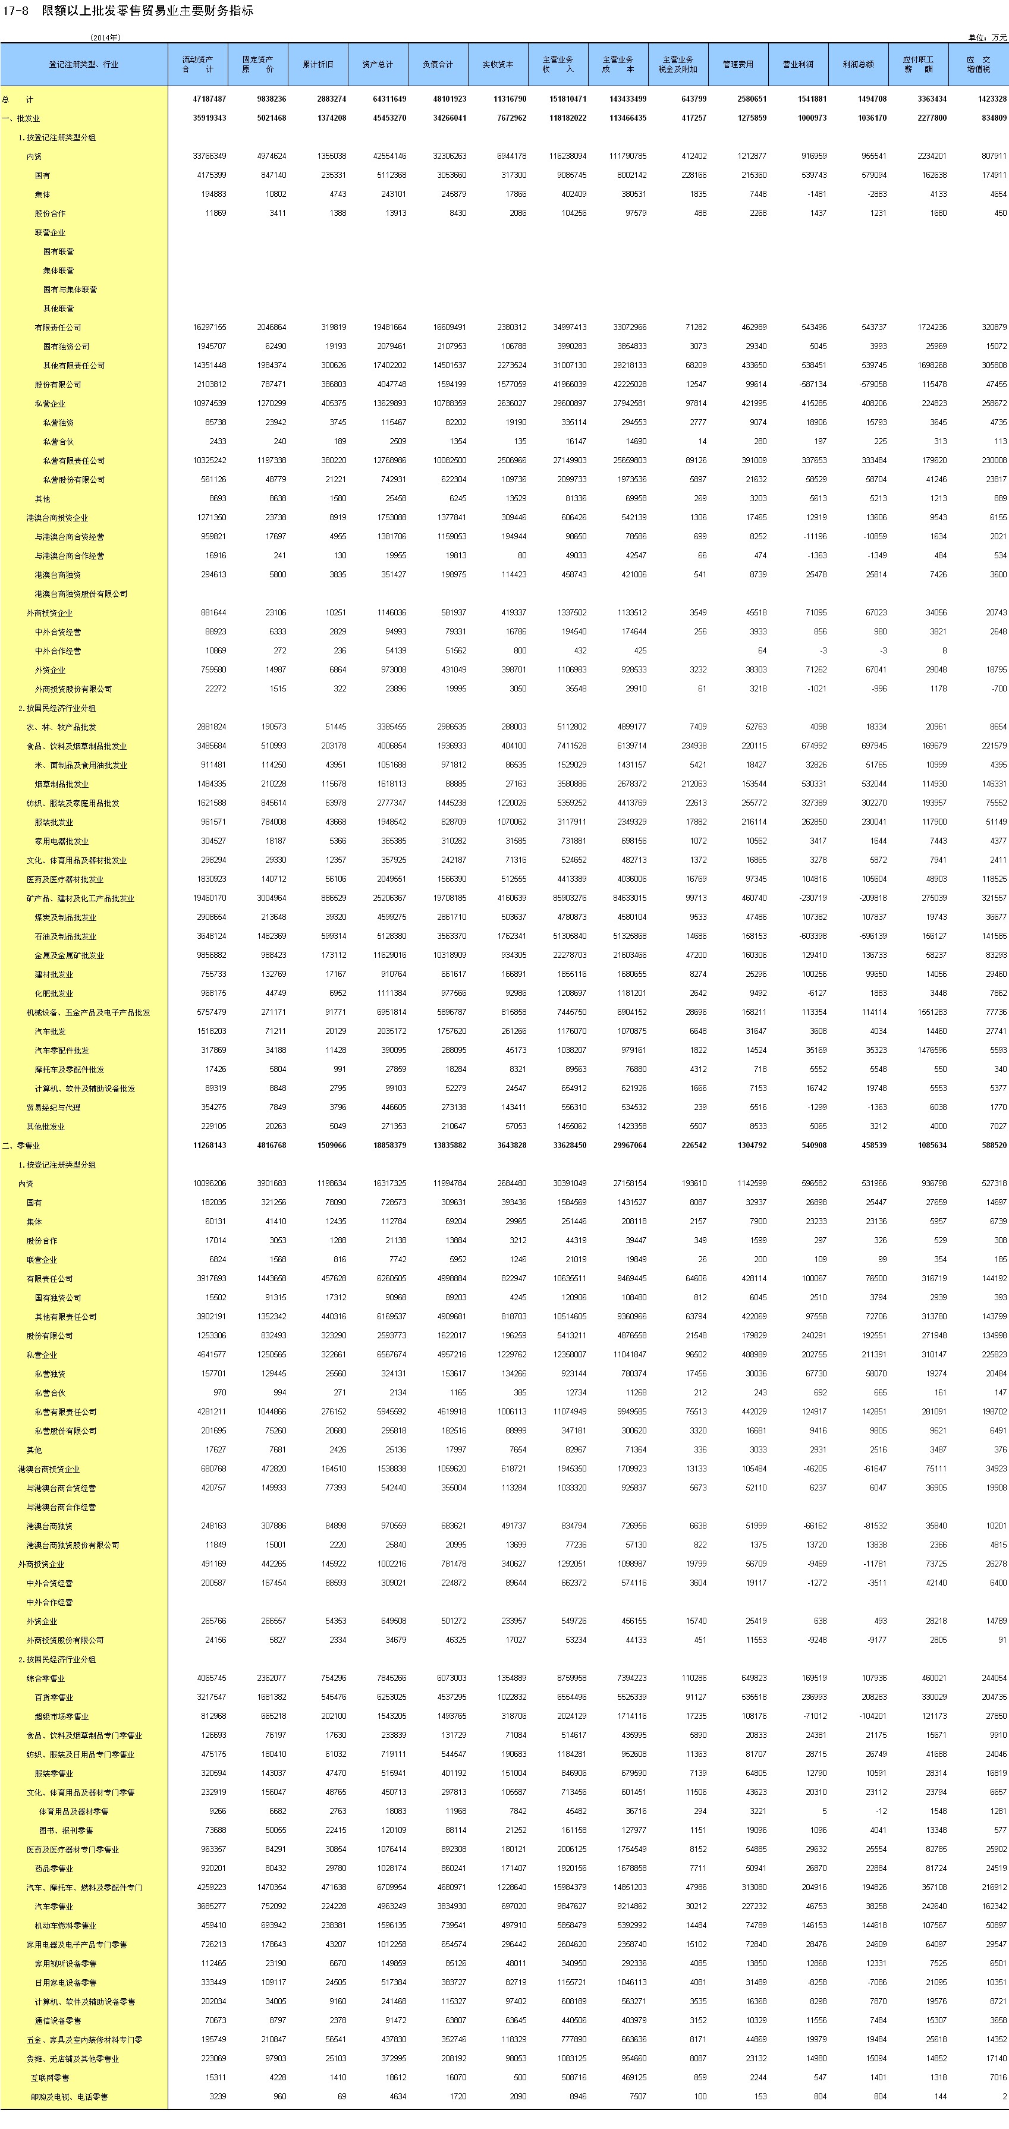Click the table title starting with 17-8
pyautogui.click(x=127, y=11)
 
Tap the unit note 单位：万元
pyautogui.click(x=988, y=37)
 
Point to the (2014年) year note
pyautogui.click(x=105, y=37)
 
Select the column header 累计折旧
pyautogui.click(x=318, y=64)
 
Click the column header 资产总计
pyautogui.click(x=378, y=64)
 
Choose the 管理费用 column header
pyautogui.click(x=738, y=64)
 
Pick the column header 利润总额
pyautogui.click(x=858, y=64)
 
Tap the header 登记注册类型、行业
pyautogui.click(x=83, y=64)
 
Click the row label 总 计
pyautogui.click(x=17, y=99)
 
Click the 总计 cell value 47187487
pyautogui.click(x=209, y=99)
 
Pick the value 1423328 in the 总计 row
pyautogui.click(x=990, y=99)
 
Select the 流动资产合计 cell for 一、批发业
pyautogui.click(x=209, y=118)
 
